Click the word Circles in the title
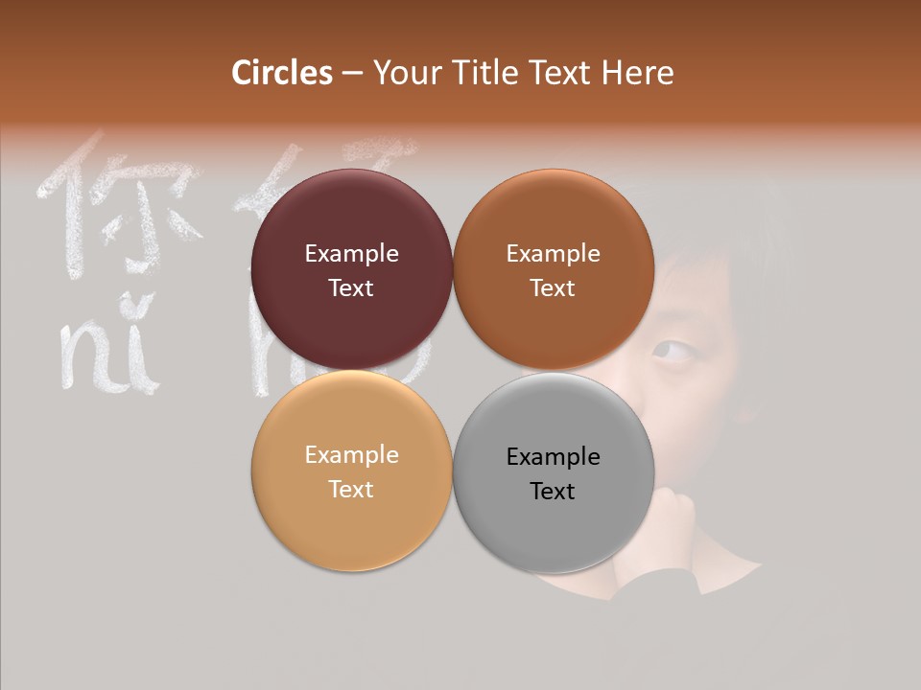pos(282,73)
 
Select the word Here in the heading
pos(637,73)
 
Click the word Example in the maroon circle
pos(351,253)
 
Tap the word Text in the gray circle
pos(553,492)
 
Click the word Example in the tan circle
pos(351,455)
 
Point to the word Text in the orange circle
pos(553,288)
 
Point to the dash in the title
pos(352,74)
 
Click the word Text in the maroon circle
pos(351,288)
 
